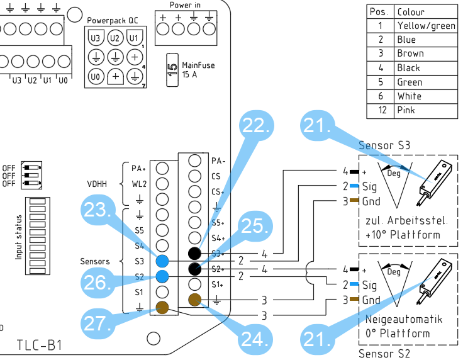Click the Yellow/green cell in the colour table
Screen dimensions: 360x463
tap(426, 26)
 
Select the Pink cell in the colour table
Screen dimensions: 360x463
tap(426, 111)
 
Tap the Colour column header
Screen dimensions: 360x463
tap(426, 11)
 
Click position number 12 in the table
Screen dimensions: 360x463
tap(380, 111)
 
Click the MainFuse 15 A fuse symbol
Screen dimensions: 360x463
tap(170, 69)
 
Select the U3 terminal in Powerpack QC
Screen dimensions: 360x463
tap(96, 38)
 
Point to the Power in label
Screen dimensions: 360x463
tap(186, 5)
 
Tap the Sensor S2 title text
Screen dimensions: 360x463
tap(384, 354)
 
